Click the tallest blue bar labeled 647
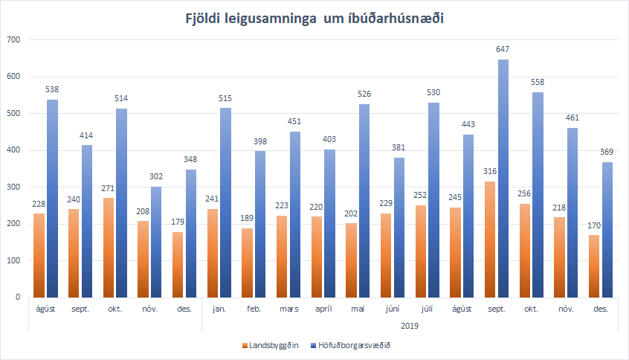[x=503, y=179]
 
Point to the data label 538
[x=53, y=89]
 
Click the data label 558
[x=538, y=82]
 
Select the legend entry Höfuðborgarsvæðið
[x=353, y=344]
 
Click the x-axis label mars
[x=290, y=307]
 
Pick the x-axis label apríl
[x=324, y=307]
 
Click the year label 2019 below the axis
[x=410, y=326]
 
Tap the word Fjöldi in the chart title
[x=204, y=19]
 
